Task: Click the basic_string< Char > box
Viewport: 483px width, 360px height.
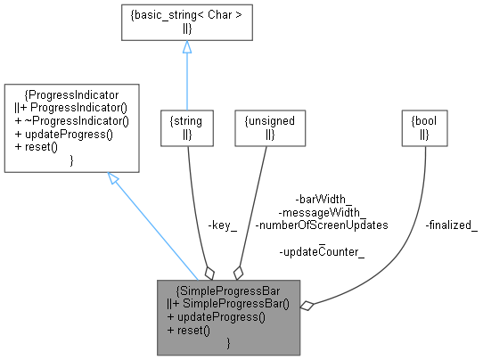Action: coord(186,22)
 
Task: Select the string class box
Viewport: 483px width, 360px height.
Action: coord(186,127)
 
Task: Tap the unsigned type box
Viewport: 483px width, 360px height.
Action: coord(266,127)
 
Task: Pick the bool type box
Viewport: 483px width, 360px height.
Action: coord(424,127)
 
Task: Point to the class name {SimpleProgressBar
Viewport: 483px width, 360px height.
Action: coord(230,290)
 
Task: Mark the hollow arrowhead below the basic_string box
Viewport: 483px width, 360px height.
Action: coord(186,48)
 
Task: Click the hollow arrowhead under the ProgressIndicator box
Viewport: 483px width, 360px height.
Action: coord(114,179)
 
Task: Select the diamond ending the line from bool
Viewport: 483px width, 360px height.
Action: coord(307,306)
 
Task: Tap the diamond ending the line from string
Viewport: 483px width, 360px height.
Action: coord(209,272)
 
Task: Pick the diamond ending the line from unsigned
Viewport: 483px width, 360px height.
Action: coord(237,272)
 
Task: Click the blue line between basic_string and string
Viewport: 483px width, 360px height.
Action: coord(186,80)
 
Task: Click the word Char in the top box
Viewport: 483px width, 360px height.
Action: coord(203,15)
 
